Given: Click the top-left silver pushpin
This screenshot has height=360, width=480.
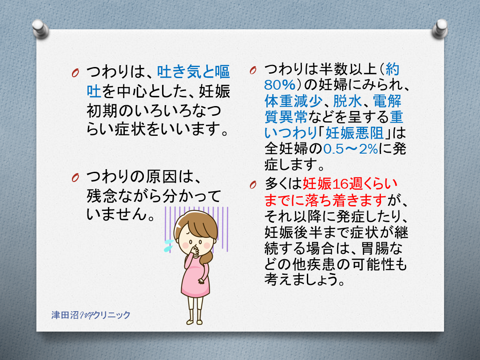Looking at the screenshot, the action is [x=40, y=29].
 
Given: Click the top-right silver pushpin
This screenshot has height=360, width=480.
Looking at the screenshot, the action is [x=440, y=28].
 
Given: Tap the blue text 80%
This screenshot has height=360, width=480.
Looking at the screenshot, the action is [x=279, y=85].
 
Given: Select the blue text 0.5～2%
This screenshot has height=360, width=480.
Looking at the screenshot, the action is [x=350, y=149].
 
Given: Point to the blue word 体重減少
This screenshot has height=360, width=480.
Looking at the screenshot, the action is [x=293, y=101].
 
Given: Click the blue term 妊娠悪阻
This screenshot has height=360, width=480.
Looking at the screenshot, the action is [x=354, y=133].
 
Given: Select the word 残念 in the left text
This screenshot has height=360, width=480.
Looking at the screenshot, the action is [x=101, y=195].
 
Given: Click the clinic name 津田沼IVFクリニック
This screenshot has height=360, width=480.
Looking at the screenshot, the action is [x=91, y=315].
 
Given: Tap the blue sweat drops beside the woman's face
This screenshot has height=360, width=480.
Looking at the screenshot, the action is [x=169, y=245].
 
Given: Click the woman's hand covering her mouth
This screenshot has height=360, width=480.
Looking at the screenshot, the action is [x=194, y=249].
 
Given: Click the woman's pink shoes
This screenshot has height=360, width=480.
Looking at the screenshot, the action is [x=194, y=322].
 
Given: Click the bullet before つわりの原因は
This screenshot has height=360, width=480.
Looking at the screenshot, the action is [x=75, y=177].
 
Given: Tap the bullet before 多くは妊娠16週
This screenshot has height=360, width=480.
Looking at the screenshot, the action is [x=253, y=185].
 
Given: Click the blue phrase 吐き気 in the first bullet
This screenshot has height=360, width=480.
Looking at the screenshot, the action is [x=179, y=72].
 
